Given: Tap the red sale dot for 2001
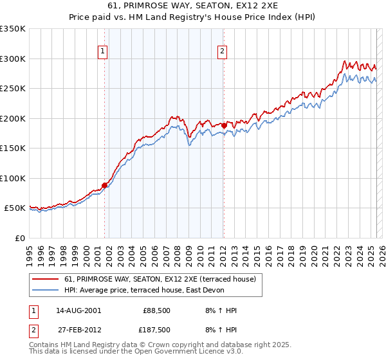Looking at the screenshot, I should point(104,185).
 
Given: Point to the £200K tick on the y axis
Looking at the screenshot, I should point(13,118).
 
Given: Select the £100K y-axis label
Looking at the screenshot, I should point(13,178).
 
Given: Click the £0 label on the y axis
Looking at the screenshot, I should point(20,238).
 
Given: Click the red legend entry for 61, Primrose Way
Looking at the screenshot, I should point(160,279).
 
